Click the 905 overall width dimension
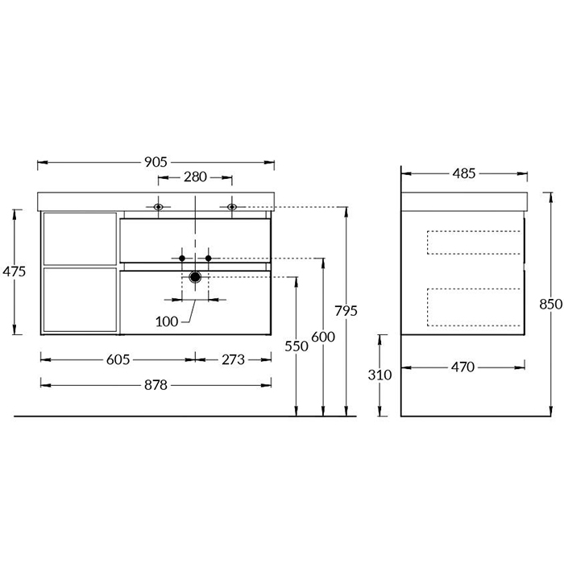(x=156, y=162)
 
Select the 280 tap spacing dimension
(x=195, y=177)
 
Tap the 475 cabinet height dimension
(x=14, y=272)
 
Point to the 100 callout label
(x=167, y=321)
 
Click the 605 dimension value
(x=118, y=359)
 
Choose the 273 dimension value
(x=233, y=359)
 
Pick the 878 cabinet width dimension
(x=156, y=385)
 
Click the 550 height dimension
(x=297, y=346)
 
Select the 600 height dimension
(x=323, y=337)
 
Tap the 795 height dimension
(x=346, y=311)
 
